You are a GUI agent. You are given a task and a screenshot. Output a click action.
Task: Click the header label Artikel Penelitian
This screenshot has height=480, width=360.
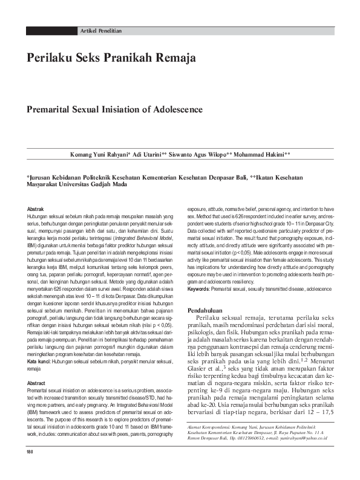tap(100, 30)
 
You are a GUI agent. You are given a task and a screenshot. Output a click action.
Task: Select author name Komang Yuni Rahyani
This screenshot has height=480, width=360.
tap(100, 155)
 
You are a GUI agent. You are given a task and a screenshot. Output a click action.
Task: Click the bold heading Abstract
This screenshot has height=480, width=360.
tap(37, 366)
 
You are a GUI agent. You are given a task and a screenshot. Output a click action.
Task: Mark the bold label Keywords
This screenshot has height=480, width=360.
tap(201, 290)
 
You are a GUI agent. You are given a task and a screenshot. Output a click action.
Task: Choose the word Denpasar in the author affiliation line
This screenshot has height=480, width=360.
tap(222, 177)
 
